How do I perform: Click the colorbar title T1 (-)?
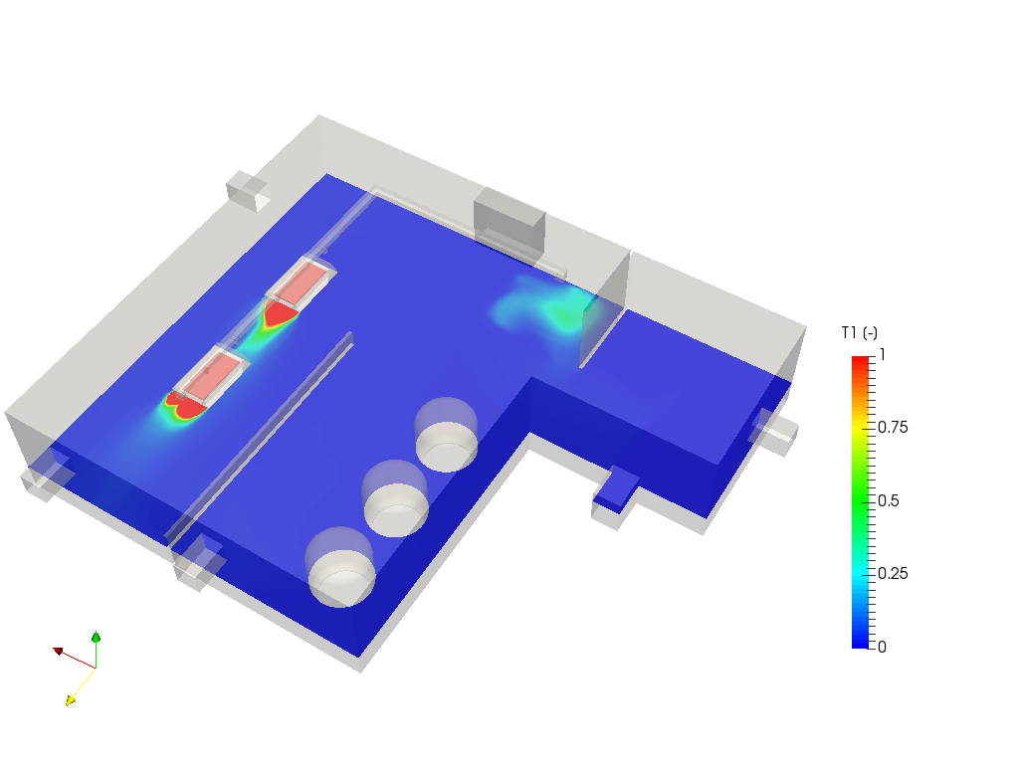click(859, 333)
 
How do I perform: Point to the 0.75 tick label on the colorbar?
click(893, 428)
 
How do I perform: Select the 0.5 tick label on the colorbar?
click(889, 501)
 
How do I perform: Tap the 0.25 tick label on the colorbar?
click(893, 574)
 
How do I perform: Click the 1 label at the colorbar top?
click(882, 355)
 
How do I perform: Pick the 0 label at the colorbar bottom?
click(882, 647)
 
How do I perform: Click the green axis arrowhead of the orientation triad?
click(97, 637)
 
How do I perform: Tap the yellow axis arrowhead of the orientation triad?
click(71, 700)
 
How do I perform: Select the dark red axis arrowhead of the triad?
click(58, 651)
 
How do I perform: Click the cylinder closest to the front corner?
click(340, 568)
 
